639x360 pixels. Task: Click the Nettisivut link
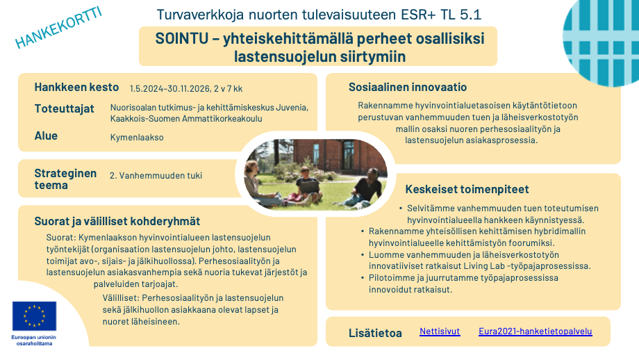click(x=440, y=332)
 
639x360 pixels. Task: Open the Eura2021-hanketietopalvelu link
click(x=535, y=332)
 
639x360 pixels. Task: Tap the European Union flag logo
click(x=33, y=316)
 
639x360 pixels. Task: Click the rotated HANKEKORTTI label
click(x=59, y=29)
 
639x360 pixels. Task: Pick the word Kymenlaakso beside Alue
click(x=137, y=138)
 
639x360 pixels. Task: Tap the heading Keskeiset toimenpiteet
click(x=467, y=189)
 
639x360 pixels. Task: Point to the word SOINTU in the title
click(x=181, y=39)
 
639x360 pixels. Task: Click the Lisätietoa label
click(x=375, y=333)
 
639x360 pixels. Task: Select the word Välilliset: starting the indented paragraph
click(x=119, y=297)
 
